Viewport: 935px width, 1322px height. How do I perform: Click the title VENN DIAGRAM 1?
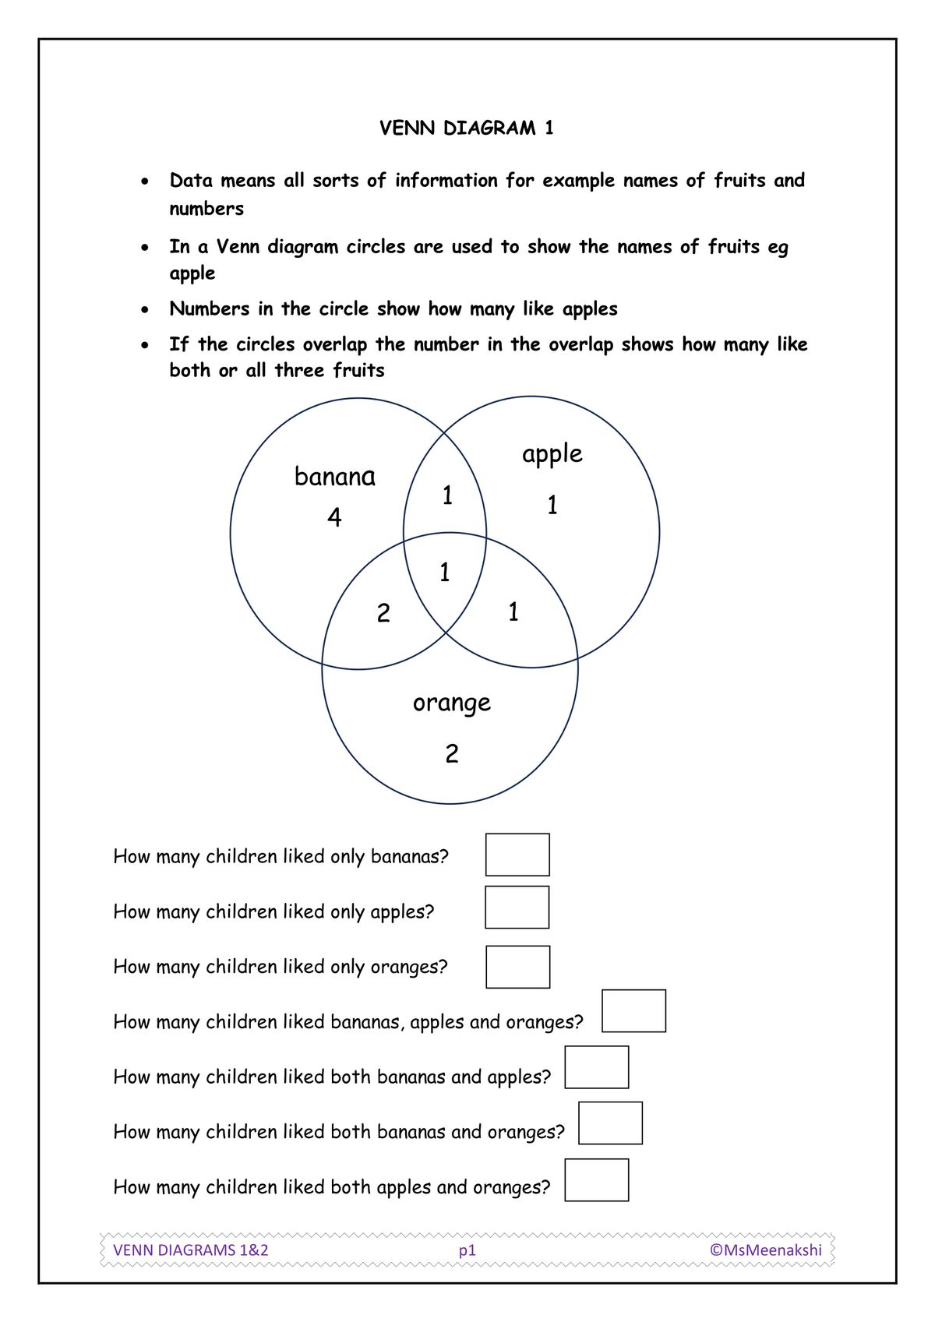point(466,128)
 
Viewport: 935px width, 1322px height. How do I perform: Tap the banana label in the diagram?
point(334,476)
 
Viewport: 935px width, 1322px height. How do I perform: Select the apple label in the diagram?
point(552,453)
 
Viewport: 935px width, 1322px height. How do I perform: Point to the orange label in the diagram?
point(452,703)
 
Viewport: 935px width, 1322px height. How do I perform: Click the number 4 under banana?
point(334,517)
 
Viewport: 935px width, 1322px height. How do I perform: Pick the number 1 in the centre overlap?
point(445,573)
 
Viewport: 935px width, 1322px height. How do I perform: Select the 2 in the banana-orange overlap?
point(383,613)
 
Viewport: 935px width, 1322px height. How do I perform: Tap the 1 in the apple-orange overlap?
point(513,612)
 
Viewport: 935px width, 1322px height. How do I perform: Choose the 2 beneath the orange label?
point(452,753)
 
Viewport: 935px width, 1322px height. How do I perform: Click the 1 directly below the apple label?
point(552,506)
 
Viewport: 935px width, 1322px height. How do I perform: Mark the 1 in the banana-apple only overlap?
point(447,495)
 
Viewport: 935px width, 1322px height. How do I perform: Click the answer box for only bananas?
point(517,855)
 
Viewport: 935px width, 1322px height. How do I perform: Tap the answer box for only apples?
point(517,907)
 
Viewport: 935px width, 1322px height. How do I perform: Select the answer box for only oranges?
point(517,967)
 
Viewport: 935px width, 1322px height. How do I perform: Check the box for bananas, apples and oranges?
point(633,1010)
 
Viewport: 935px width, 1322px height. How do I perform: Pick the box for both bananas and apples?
point(596,1067)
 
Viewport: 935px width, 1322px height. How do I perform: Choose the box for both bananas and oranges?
point(610,1123)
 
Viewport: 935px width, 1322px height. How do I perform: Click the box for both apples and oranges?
point(596,1179)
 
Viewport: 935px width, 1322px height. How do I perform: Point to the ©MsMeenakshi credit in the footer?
point(765,1250)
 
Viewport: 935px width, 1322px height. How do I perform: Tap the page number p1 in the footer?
point(467,1250)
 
